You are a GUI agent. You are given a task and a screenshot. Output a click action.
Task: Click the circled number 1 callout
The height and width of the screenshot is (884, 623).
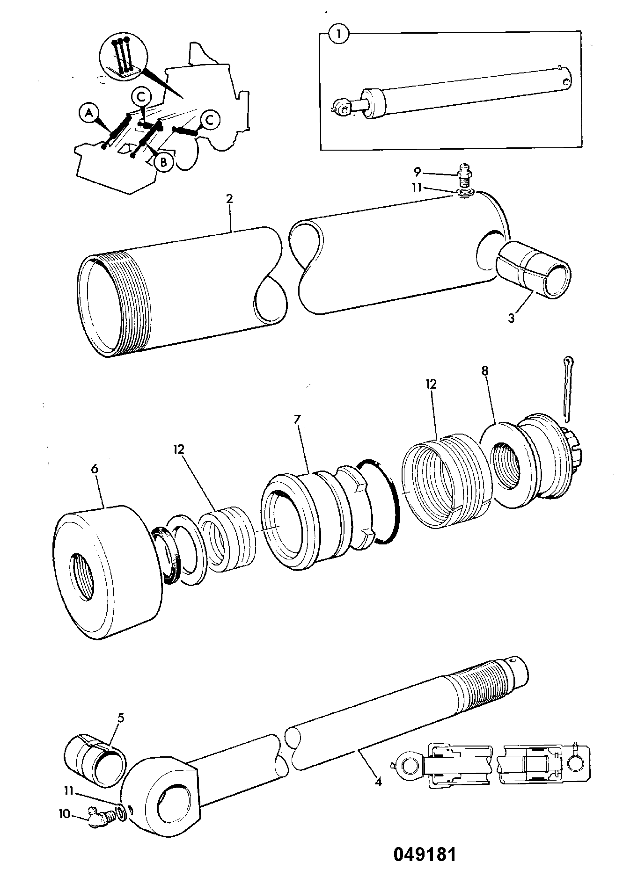tap(339, 36)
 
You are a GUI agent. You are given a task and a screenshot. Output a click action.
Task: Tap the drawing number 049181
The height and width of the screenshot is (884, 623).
tap(424, 855)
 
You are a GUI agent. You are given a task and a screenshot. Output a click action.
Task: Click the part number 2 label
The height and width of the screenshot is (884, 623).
tap(229, 198)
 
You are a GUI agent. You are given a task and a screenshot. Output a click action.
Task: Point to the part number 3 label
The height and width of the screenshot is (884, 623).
tap(512, 318)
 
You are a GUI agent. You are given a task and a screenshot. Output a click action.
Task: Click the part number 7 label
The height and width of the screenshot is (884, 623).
tap(297, 419)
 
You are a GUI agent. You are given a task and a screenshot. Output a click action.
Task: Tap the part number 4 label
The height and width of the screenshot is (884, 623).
tap(378, 781)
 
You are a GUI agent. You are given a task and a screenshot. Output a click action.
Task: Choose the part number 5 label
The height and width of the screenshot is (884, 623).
tap(121, 718)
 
